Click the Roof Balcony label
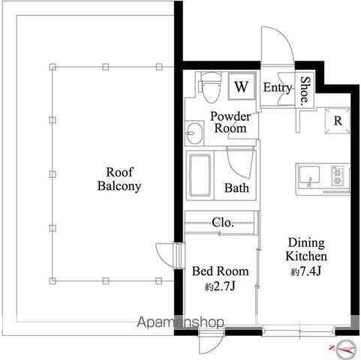[x=119, y=179]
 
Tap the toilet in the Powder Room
[x=210, y=87]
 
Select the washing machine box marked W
[x=242, y=86]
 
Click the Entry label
[x=278, y=88]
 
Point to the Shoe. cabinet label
[x=305, y=91]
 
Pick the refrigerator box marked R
[x=337, y=121]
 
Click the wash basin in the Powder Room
[x=194, y=133]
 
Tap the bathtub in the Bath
[x=200, y=175]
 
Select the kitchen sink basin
[x=309, y=175]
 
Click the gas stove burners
[x=338, y=176]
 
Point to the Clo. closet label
[x=223, y=222]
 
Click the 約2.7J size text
[x=220, y=286]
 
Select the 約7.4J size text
[x=305, y=271]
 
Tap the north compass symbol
[x=345, y=349]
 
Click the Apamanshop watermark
[x=180, y=322]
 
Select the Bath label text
[x=236, y=188]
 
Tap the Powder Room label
[x=230, y=122]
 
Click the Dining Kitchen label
[x=306, y=249]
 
